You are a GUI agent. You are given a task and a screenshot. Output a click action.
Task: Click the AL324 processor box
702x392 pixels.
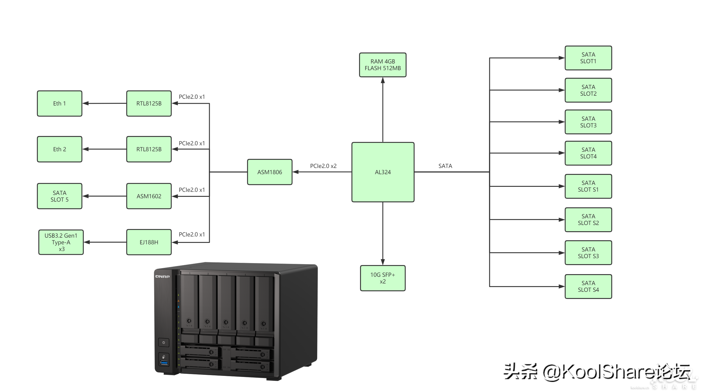383,172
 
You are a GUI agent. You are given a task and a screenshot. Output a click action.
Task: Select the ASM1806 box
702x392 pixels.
270,172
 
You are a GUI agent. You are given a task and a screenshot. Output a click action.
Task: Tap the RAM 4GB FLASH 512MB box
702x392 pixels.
383,65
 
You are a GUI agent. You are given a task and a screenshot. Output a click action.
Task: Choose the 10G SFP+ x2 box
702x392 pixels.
383,278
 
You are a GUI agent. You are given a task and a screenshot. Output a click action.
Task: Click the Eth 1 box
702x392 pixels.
59,103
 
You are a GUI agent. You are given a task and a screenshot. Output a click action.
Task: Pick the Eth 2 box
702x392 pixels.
59,149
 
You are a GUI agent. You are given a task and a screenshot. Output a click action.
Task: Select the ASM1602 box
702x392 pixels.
149,196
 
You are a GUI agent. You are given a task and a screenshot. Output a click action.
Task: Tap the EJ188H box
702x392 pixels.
149,242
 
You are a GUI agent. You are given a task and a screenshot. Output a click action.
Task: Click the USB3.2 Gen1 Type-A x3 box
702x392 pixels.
61,242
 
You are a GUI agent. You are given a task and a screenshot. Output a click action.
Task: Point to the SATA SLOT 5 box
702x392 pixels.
59,196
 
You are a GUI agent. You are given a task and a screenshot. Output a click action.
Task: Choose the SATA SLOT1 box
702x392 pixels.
588,58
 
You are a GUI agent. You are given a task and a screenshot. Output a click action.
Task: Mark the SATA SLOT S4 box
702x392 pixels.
588,287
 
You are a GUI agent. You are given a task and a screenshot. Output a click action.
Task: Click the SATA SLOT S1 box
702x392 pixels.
588,186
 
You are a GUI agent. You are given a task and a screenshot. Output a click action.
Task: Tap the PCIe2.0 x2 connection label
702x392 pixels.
323,166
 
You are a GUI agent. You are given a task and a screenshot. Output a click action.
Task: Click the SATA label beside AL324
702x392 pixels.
445,166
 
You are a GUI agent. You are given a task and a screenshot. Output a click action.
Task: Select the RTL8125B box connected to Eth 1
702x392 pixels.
149,103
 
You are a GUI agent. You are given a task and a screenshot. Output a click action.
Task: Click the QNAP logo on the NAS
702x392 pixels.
163,277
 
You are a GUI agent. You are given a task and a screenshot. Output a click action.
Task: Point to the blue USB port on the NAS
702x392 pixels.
164,363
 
